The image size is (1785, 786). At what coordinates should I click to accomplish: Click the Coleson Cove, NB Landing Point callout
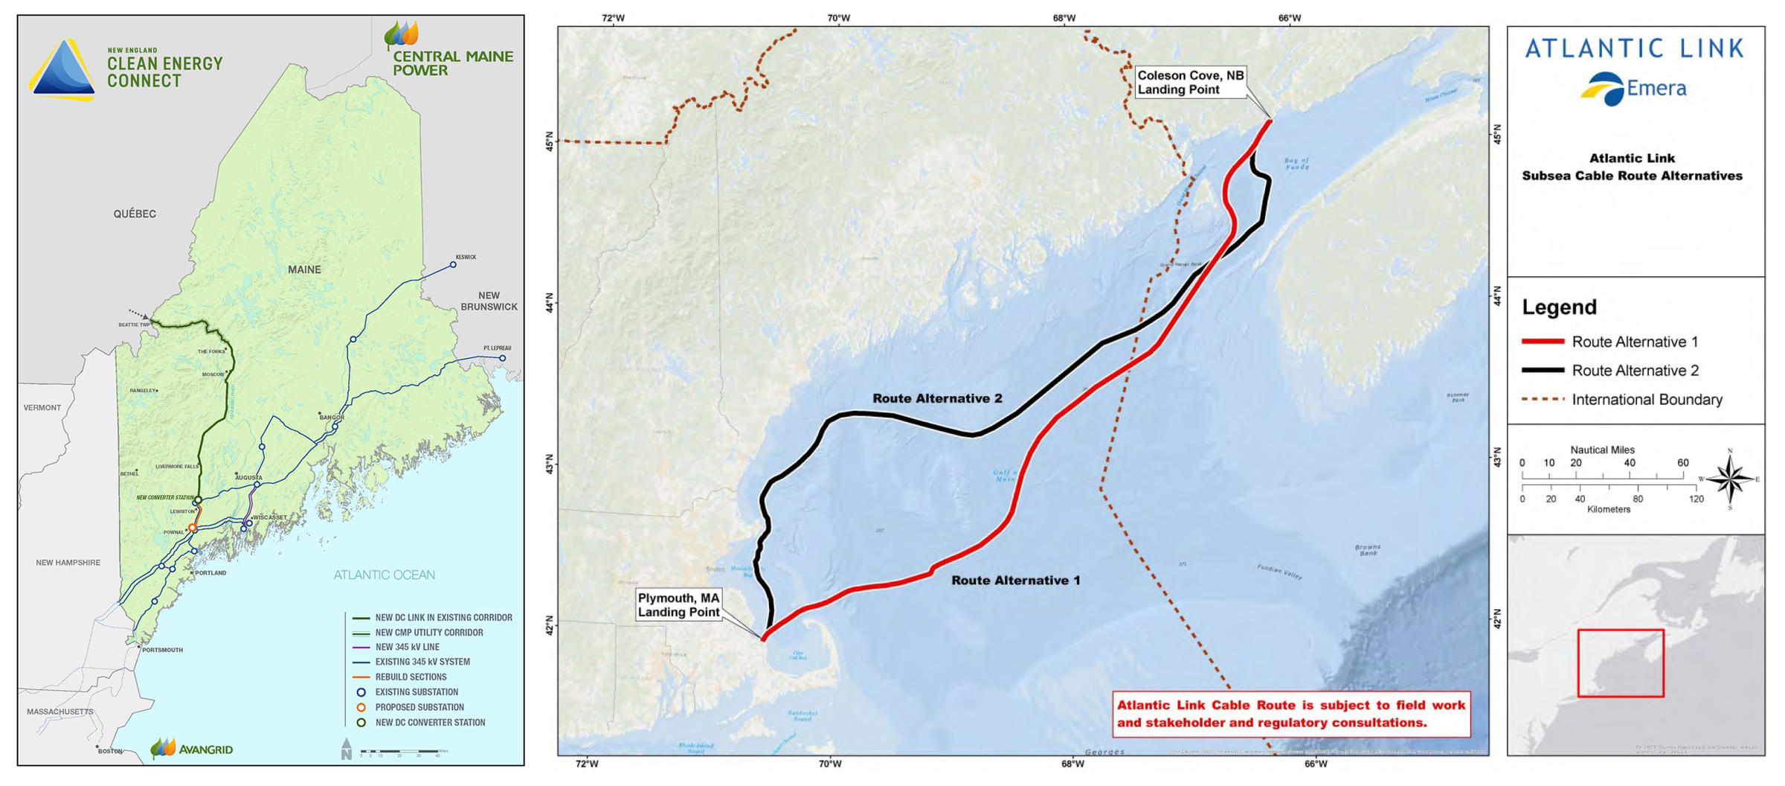click(x=1190, y=83)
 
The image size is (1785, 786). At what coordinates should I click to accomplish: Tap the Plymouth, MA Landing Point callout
click(x=678, y=605)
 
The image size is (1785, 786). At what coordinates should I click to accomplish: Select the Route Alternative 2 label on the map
click(x=937, y=399)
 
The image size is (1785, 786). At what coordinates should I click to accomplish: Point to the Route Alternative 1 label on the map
click(x=1015, y=581)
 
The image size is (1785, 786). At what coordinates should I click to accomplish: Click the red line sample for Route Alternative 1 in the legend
click(x=1543, y=342)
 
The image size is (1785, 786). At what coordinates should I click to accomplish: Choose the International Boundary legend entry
click(x=1646, y=400)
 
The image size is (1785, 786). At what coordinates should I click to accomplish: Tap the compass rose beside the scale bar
click(x=1730, y=479)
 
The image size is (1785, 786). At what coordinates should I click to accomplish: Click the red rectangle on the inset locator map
click(x=1621, y=663)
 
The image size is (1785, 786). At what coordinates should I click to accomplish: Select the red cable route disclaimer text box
click(x=1291, y=714)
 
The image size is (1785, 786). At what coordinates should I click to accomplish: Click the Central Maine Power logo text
click(x=452, y=63)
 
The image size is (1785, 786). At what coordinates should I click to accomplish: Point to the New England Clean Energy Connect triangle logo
click(x=62, y=70)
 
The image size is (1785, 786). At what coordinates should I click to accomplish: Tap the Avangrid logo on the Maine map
click(x=192, y=749)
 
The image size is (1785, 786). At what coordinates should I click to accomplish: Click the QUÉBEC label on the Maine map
click(x=135, y=214)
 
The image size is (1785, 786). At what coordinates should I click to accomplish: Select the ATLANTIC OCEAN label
click(x=384, y=575)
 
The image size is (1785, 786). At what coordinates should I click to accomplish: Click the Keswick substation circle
click(x=453, y=264)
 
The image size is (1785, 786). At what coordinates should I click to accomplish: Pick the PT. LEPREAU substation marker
click(x=503, y=358)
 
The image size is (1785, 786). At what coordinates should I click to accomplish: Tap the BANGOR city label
click(x=332, y=418)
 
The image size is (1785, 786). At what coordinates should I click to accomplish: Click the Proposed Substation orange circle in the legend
click(x=361, y=707)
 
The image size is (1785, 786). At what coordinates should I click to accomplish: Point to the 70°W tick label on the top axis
click(x=838, y=18)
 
